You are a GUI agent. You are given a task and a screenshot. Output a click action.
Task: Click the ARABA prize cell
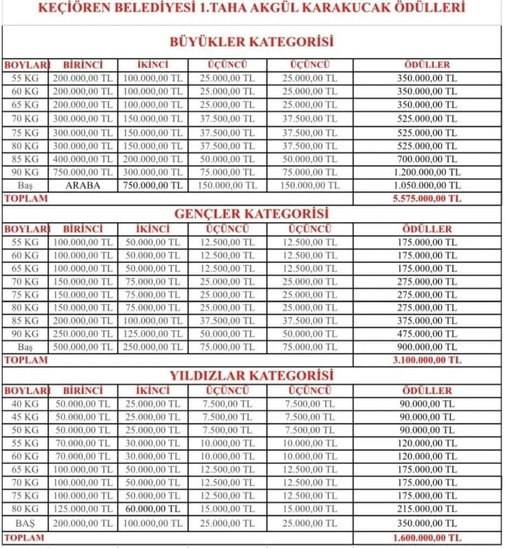(x=83, y=185)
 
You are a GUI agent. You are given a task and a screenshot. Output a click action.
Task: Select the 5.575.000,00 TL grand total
(x=427, y=198)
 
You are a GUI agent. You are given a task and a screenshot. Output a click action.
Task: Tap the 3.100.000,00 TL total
(x=427, y=360)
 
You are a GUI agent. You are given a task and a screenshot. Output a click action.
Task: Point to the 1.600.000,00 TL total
(x=427, y=537)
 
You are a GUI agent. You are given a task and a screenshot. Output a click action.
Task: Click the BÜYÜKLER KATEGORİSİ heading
(x=251, y=43)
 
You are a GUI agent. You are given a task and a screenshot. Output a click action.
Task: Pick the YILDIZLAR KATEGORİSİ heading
(x=251, y=375)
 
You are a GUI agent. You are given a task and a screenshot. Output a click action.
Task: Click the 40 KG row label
(x=26, y=404)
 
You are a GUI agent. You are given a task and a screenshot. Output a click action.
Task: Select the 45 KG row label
(x=26, y=417)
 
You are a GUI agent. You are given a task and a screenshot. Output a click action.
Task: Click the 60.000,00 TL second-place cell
(x=153, y=509)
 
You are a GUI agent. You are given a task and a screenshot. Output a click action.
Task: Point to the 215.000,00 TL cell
(x=427, y=509)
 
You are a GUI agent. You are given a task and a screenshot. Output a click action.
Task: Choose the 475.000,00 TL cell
(x=427, y=334)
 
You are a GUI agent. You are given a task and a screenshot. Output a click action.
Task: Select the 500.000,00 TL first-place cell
(x=83, y=347)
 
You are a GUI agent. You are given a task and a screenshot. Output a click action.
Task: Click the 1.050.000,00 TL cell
(x=427, y=186)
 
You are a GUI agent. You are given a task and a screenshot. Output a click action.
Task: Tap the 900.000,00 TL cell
(x=427, y=347)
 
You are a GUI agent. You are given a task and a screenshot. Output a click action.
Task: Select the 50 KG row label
(x=26, y=430)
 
